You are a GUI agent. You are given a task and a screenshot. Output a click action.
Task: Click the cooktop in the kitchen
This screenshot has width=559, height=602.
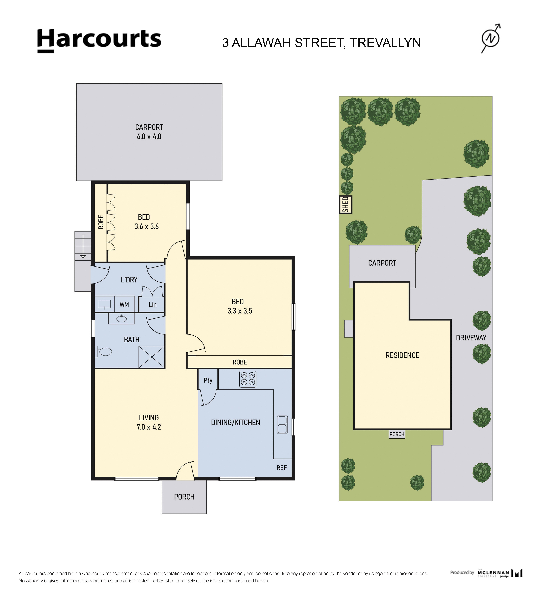click(x=248, y=379)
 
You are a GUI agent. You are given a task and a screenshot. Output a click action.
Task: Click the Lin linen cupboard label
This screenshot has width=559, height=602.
click(x=152, y=305)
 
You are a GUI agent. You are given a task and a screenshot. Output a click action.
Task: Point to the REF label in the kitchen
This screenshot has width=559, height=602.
click(x=281, y=468)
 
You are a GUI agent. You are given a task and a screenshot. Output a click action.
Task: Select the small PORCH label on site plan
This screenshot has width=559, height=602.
click(x=397, y=434)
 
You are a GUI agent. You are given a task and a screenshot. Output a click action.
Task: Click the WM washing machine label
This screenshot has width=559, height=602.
click(x=124, y=305)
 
